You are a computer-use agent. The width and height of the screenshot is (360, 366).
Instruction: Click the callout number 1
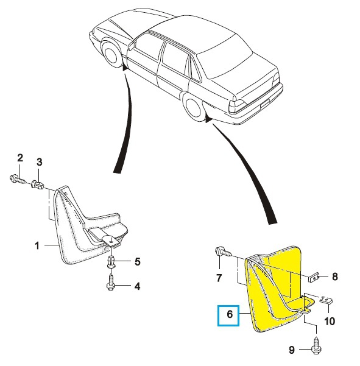click(37, 245)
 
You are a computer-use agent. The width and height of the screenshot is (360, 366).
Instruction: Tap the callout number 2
click(20, 158)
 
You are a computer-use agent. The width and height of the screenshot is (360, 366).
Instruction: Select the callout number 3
click(39, 162)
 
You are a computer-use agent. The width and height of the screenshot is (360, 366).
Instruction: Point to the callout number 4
click(138, 286)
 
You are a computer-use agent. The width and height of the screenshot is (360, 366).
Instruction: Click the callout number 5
click(138, 262)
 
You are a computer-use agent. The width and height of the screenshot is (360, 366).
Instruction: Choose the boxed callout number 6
click(228, 315)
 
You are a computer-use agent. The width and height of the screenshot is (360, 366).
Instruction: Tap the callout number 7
click(219, 278)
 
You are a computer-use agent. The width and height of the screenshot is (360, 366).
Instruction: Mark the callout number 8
click(335, 276)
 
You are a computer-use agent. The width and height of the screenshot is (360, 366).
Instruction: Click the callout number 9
click(292, 350)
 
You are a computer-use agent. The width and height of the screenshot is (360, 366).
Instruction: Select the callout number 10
click(330, 321)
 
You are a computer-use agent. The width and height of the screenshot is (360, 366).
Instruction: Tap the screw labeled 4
click(111, 283)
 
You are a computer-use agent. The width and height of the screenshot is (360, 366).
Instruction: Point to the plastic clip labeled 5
click(111, 261)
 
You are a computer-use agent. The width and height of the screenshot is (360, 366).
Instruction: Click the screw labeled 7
click(223, 252)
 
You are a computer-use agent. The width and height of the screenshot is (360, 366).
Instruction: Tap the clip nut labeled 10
click(326, 300)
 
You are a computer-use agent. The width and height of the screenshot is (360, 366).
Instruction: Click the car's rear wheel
click(192, 108)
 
